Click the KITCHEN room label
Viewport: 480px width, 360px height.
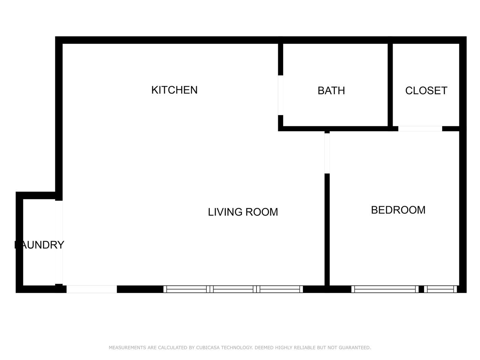tap(174, 90)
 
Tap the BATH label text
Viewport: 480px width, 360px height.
tap(331, 91)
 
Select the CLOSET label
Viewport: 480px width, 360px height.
tap(426, 91)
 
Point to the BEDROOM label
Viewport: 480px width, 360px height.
tap(398, 210)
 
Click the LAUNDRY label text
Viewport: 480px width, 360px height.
tap(39, 245)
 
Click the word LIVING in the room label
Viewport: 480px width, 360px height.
tap(225, 212)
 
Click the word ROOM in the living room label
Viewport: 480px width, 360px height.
tap(262, 212)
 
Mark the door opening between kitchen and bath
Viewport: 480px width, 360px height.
tap(280, 95)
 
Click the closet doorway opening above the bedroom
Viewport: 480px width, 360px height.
tap(420, 129)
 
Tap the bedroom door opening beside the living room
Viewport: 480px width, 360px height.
tap(327, 153)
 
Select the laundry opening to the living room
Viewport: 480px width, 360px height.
tap(59, 242)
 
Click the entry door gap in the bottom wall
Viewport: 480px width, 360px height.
tap(91, 289)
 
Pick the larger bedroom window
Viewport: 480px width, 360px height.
tap(385, 289)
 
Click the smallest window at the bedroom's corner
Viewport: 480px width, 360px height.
tap(440, 289)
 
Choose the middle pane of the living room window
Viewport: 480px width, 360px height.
tap(233, 289)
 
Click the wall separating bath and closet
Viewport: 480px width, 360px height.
tap(390, 85)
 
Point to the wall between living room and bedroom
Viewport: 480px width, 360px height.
tap(327, 229)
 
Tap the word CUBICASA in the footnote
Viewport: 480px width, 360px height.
tap(208, 347)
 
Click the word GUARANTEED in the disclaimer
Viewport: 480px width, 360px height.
tap(355, 347)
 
